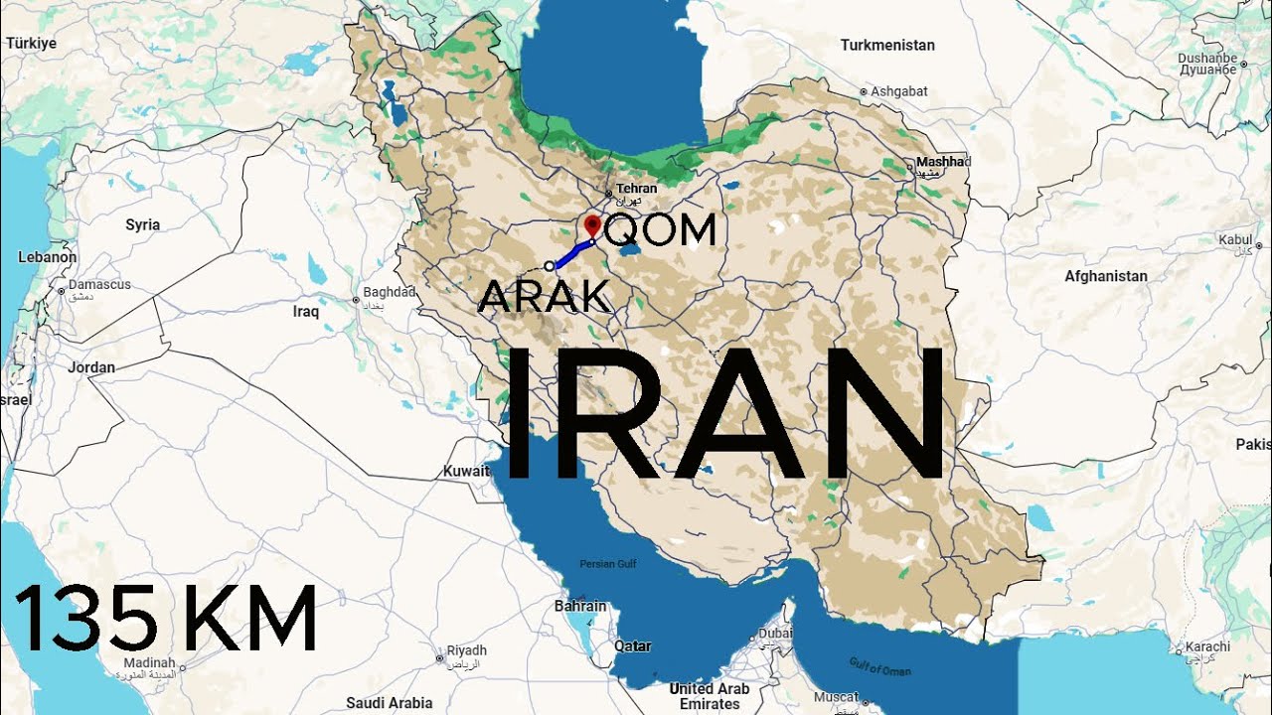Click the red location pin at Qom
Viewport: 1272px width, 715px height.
point(592,224)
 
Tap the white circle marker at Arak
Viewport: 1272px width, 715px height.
point(550,266)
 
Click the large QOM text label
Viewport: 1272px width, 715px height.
point(660,230)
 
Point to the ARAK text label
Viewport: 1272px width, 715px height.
point(544,296)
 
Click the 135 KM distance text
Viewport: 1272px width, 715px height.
point(165,619)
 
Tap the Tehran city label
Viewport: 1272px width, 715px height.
point(636,189)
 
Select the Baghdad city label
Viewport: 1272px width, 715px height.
point(389,292)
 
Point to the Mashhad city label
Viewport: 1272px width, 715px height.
point(940,162)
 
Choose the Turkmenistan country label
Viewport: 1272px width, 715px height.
point(887,45)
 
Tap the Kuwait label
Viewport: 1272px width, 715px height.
point(466,471)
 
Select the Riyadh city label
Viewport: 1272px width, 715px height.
point(466,650)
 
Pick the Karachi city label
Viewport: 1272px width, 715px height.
point(1207,647)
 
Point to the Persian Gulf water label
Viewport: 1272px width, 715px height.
point(608,563)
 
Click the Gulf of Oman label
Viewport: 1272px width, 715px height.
point(880,665)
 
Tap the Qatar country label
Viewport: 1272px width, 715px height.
point(633,646)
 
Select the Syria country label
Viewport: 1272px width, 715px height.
point(143,224)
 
